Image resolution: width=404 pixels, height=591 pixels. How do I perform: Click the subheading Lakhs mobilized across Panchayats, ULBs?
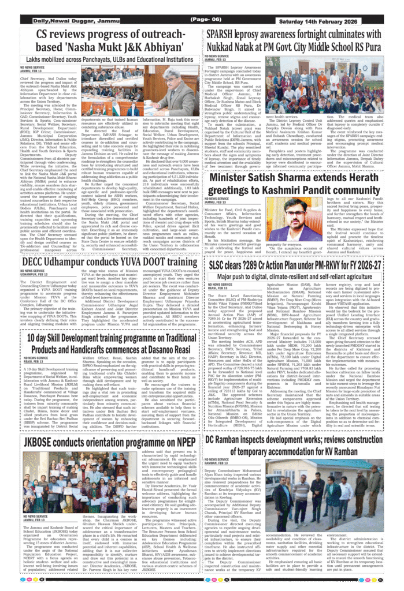click(x=105, y=59)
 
